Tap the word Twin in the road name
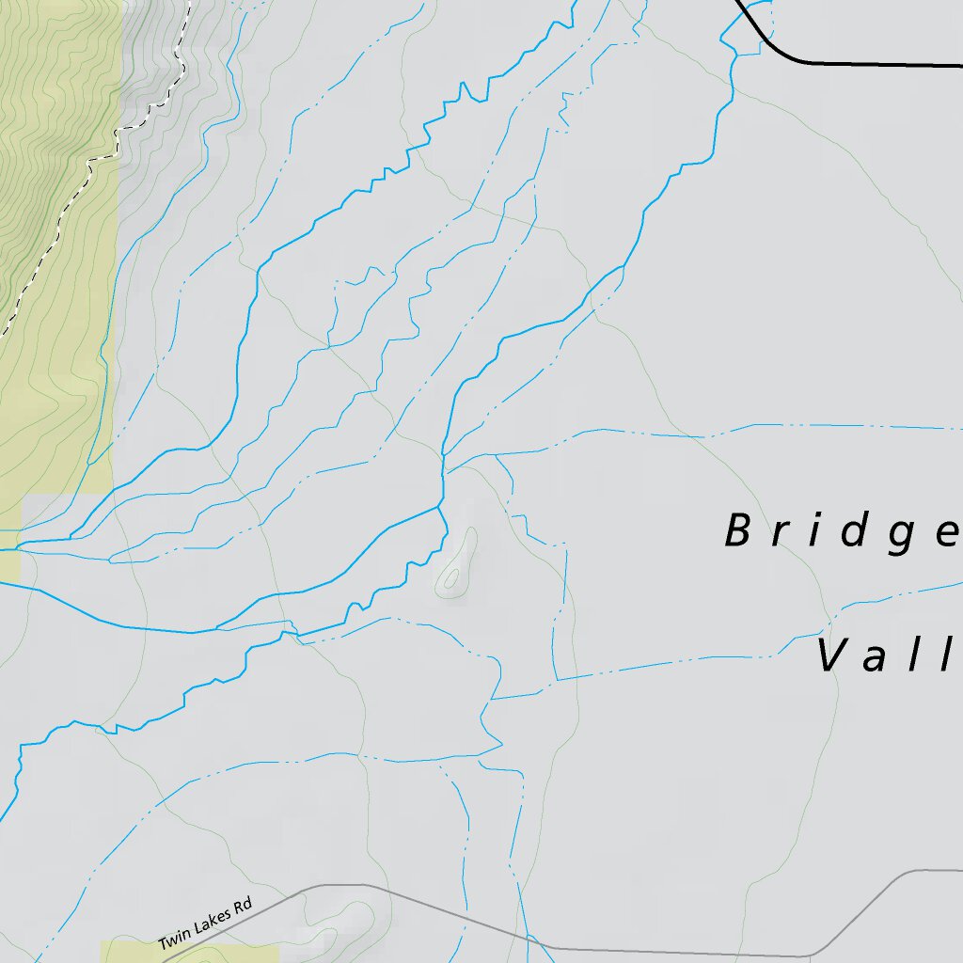tap(174, 939)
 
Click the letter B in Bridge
tap(738, 531)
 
